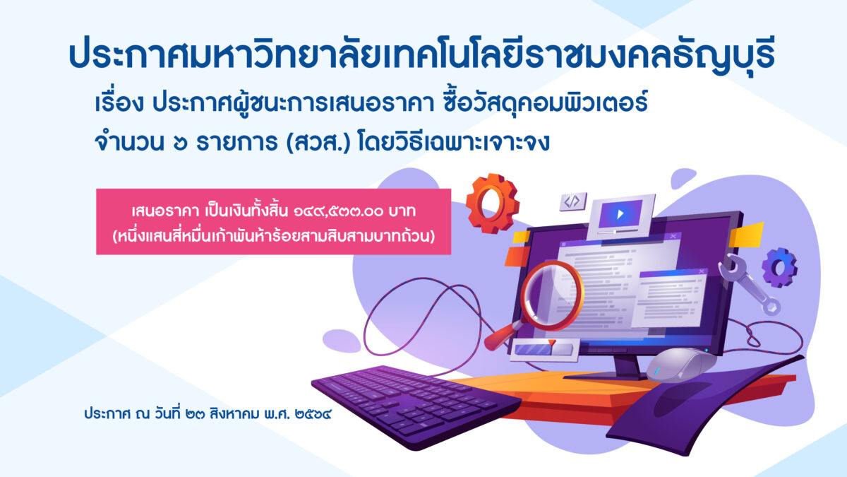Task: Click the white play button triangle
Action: click(620, 214)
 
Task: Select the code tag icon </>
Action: click(573, 201)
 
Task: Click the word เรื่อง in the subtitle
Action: click(119, 103)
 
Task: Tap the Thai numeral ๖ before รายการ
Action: click(181, 143)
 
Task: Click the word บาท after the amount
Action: click(402, 211)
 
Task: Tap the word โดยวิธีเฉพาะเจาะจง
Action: click(452, 143)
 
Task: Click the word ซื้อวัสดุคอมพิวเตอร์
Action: click(544, 102)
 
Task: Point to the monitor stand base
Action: click(605, 376)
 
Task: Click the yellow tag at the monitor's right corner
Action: click(746, 235)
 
